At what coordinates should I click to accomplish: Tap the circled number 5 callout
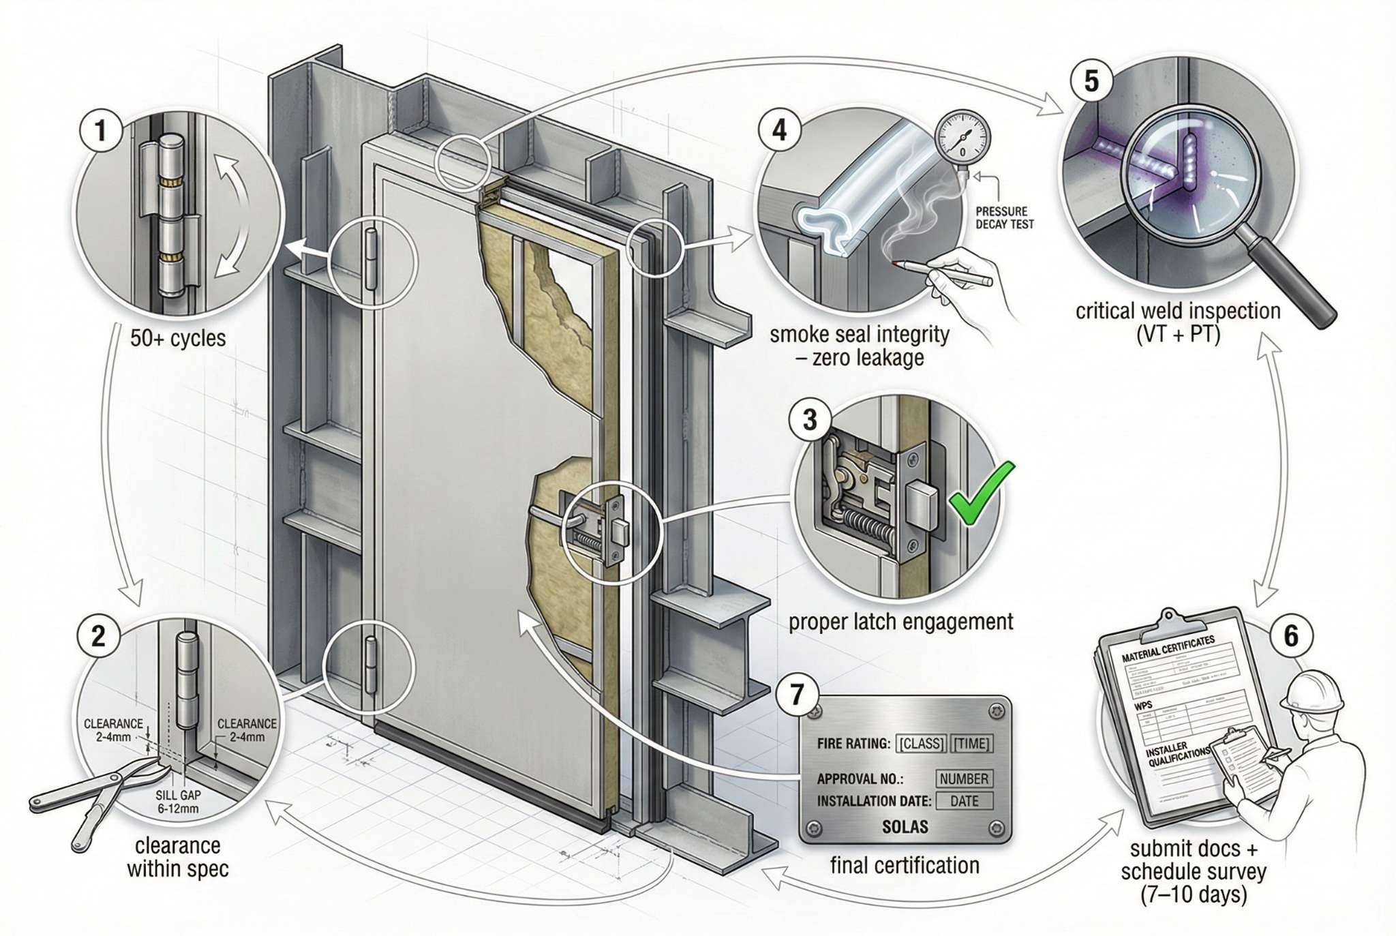[1091, 81]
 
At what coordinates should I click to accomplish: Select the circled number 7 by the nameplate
[796, 695]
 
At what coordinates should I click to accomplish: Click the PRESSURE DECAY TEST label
[1004, 217]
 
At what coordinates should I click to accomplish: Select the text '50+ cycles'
[178, 338]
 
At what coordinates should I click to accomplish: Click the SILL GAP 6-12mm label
[177, 802]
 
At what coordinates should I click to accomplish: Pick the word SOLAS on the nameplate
[905, 827]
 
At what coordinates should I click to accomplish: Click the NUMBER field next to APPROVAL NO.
[963, 779]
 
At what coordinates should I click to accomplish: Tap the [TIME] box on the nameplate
[971, 743]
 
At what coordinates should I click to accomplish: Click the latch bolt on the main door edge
[622, 530]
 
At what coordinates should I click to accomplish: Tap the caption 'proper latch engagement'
[900, 622]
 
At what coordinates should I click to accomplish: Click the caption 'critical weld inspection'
[1178, 311]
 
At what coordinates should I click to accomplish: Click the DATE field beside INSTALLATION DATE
[964, 801]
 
